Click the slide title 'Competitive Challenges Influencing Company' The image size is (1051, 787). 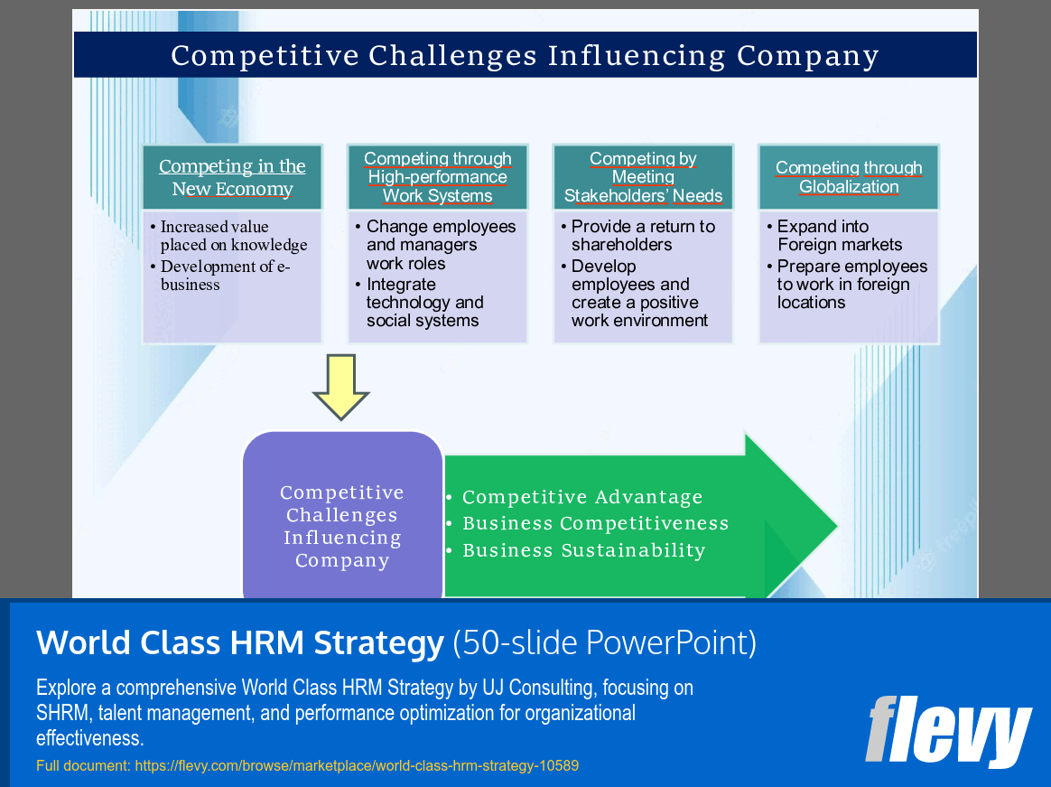point(525,56)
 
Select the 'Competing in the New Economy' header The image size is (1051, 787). point(232,177)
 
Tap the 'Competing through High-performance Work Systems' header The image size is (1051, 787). point(438,177)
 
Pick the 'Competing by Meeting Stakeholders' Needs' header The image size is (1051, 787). point(643,177)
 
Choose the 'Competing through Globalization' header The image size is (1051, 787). point(849,177)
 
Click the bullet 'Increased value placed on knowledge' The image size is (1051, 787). point(233,236)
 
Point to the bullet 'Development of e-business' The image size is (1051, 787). point(225,276)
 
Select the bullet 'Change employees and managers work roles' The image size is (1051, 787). point(441,245)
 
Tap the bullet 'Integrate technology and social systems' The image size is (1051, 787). point(424,303)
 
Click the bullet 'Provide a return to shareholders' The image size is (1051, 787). point(642,236)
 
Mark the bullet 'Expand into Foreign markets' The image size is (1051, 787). point(839,236)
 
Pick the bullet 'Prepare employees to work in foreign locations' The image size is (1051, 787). point(851,285)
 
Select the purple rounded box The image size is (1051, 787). point(342,515)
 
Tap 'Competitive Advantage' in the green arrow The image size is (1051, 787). point(581,497)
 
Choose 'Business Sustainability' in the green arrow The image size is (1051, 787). point(583,550)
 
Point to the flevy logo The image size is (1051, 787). point(948,730)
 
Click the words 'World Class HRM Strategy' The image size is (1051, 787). point(240,642)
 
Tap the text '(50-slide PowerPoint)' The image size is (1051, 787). point(604,642)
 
